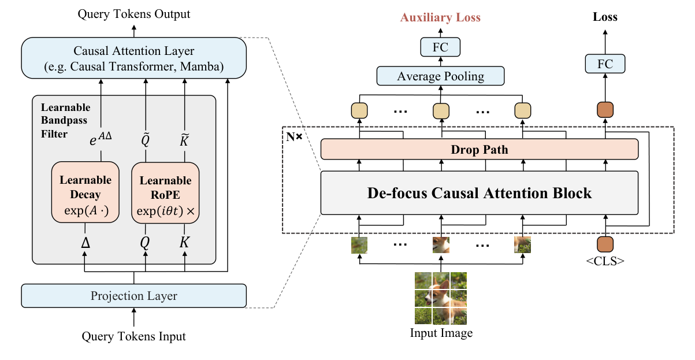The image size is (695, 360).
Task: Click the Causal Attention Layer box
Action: coord(133,58)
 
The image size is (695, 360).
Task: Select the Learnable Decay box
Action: coord(85,192)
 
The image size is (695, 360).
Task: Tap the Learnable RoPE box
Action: coord(165,192)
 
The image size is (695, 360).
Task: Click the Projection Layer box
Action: coord(133,296)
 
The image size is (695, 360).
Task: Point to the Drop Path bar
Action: coord(479,150)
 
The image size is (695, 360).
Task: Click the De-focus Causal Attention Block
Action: coord(479,192)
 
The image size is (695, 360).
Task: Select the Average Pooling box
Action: coord(440,76)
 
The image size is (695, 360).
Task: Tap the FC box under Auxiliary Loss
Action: coord(440,46)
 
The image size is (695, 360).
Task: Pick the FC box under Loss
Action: coord(605,64)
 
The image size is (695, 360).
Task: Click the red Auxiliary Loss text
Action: coord(440,17)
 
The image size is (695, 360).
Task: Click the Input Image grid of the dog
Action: coord(441,298)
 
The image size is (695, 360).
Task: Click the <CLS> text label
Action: coord(605,261)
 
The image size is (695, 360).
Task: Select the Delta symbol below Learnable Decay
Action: coord(85,243)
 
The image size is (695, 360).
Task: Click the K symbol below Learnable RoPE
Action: coord(185,243)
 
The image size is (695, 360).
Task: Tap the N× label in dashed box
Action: coord(293,136)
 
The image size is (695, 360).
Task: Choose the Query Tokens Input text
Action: coord(133,336)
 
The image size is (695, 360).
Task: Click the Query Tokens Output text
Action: coord(133,13)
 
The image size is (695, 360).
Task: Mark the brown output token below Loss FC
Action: coord(605,110)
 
